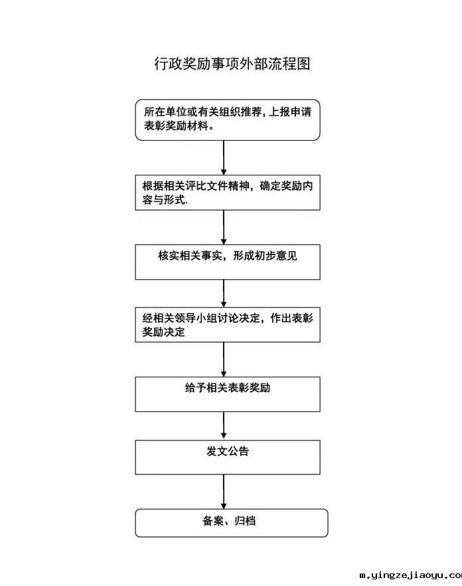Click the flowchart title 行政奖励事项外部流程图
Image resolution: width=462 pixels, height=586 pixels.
[x=232, y=64]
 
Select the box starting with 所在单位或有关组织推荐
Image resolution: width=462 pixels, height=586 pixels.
[x=227, y=120]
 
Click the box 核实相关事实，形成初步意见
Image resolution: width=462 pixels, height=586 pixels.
[x=227, y=262]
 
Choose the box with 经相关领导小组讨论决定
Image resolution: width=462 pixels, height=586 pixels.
[x=227, y=325]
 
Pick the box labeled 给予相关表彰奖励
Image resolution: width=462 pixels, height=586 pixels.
[x=227, y=394]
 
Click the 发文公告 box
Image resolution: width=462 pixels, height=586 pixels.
[x=227, y=457]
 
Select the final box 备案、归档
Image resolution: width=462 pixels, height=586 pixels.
[x=231, y=522]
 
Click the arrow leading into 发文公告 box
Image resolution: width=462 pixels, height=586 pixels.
[x=224, y=425]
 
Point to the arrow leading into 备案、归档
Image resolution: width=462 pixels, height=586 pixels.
[x=224, y=492]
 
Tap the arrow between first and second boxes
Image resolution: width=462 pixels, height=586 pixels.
[x=224, y=158]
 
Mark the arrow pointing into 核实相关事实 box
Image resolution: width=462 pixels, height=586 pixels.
[x=224, y=227]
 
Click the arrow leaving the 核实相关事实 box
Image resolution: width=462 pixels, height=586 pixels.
[x=224, y=292]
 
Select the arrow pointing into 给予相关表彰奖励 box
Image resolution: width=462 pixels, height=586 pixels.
[x=224, y=359]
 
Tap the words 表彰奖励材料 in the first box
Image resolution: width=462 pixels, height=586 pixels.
[x=174, y=127]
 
